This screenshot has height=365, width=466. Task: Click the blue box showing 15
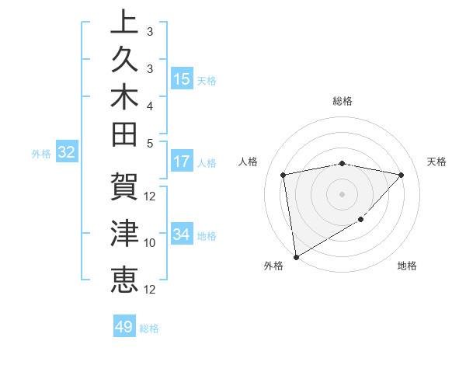(x=182, y=79)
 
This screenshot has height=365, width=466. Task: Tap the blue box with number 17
(x=182, y=162)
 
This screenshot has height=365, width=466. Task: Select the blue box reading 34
(x=182, y=235)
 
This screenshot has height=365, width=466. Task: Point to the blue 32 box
(x=67, y=153)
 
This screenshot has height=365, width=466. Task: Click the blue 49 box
(x=124, y=327)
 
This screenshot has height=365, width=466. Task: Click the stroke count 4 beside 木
(x=150, y=105)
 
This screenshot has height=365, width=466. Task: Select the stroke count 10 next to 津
(x=151, y=243)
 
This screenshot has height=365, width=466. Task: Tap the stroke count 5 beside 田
(x=150, y=143)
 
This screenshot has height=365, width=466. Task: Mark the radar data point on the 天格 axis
(x=401, y=175)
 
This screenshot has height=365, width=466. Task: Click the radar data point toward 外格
(x=295, y=256)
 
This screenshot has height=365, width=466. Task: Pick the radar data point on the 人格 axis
(x=283, y=175)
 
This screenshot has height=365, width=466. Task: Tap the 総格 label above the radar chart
(x=342, y=101)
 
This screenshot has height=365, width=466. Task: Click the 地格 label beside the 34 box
(x=207, y=235)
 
